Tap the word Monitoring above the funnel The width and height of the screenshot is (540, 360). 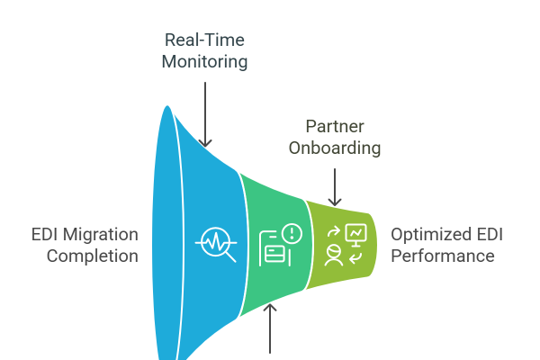(x=206, y=62)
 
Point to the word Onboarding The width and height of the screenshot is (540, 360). (x=334, y=148)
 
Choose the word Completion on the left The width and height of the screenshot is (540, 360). (x=92, y=256)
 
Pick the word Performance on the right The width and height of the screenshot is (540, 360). (x=442, y=256)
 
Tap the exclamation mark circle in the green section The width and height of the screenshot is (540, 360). (x=292, y=233)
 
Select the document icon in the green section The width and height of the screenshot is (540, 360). (x=273, y=249)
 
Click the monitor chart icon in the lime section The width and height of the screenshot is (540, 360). (x=356, y=234)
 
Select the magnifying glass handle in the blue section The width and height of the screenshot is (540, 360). (x=230, y=256)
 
